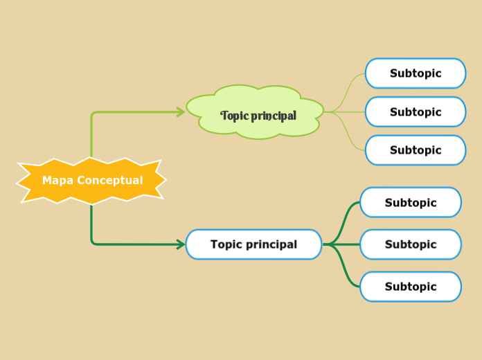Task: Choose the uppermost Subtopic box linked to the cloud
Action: coord(416,73)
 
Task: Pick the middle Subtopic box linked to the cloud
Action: coord(416,112)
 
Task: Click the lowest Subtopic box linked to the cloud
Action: coord(416,150)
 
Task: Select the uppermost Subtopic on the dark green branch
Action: coord(411,203)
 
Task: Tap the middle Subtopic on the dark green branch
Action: coord(411,244)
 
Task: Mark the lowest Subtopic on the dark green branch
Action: coord(411,287)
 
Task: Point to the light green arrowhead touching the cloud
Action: coord(181,112)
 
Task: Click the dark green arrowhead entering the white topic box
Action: coord(181,244)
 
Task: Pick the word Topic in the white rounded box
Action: coord(226,244)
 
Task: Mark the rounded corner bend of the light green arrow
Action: coord(93,114)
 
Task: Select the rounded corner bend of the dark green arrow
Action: coord(93,242)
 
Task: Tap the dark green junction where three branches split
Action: coord(330,244)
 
